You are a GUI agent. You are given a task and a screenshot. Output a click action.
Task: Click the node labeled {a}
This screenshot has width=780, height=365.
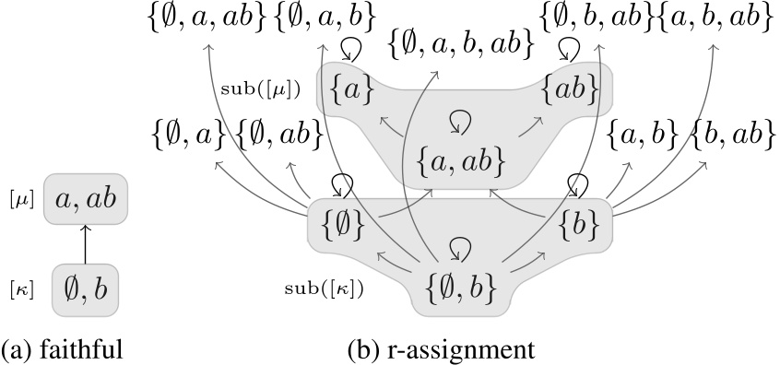coord(352,90)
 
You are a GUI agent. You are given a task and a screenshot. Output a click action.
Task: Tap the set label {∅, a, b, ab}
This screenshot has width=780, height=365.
coord(461,42)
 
